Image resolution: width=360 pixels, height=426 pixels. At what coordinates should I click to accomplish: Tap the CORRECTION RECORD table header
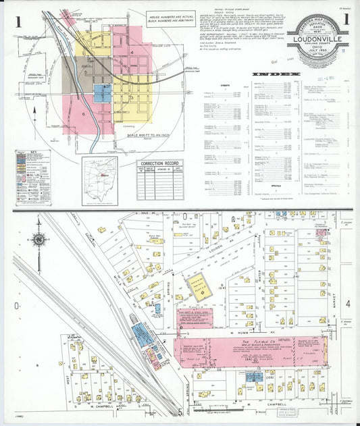click(x=160, y=163)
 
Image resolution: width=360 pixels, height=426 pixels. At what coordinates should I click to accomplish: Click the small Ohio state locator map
click(x=100, y=180)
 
